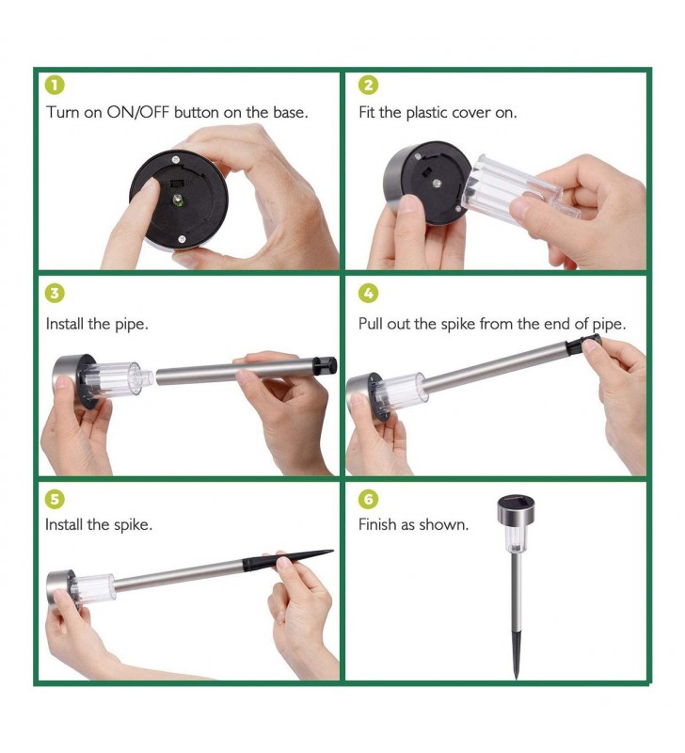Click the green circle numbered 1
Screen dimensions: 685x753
point(55,86)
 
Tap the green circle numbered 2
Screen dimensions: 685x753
point(368,86)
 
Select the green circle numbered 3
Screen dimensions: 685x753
point(55,294)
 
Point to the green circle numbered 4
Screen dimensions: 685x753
point(368,294)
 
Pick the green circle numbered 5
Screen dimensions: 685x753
point(55,500)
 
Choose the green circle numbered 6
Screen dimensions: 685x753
point(368,500)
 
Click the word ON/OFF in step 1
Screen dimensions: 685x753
point(138,112)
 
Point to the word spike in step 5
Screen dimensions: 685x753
point(132,525)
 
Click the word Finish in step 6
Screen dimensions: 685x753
point(377,524)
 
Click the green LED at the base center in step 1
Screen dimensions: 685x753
point(178,200)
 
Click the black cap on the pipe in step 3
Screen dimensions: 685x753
point(325,366)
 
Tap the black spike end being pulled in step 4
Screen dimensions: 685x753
point(583,344)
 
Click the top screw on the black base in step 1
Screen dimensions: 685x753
point(176,159)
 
